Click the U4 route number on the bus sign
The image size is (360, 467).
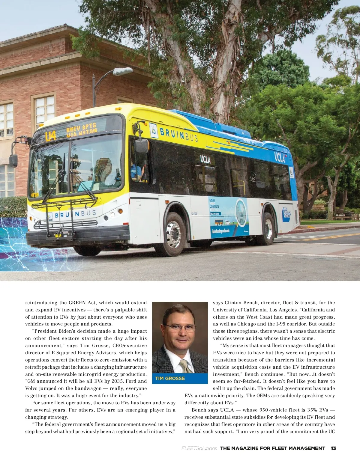[50, 136]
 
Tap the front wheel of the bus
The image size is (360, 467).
[173, 234]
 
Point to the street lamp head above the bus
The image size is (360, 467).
[123, 71]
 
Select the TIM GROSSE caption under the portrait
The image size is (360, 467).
[170, 379]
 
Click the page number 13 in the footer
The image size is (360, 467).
[333, 448]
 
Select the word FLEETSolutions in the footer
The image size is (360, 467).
[199, 448]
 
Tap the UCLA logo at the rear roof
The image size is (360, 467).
[280, 157]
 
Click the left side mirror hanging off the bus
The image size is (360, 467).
[13, 160]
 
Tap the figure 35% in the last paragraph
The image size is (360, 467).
[312, 410]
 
